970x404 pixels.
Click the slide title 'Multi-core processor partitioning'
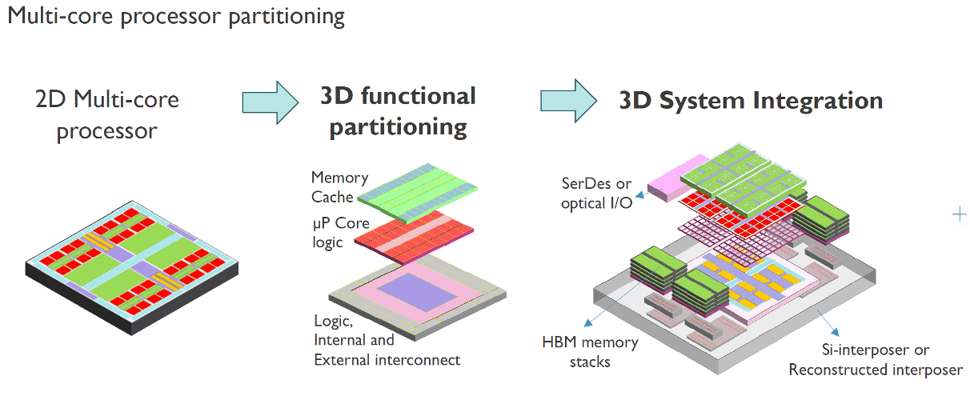[x=176, y=17]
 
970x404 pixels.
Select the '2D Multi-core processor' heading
[x=107, y=114]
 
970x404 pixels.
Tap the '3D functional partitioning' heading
[x=398, y=111]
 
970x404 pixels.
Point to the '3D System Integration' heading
[x=750, y=101]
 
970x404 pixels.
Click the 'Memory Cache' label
[x=339, y=186]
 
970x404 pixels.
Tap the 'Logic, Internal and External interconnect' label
[x=387, y=340]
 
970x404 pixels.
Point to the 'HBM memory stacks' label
[x=591, y=352]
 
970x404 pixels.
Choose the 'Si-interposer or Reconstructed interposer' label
[x=875, y=360]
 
